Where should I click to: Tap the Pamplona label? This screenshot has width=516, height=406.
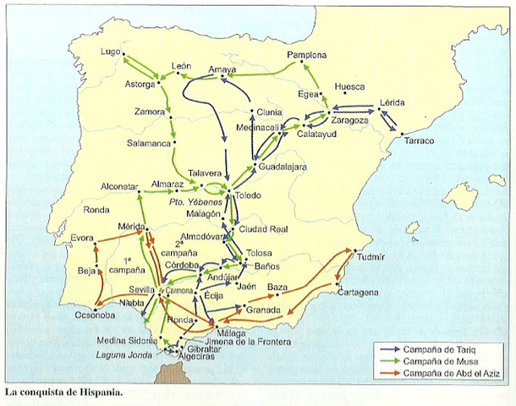[307, 54]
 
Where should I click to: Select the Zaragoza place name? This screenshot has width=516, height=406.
[350, 120]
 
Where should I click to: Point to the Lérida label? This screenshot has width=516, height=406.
[393, 101]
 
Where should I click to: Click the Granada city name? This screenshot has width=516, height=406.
[264, 310]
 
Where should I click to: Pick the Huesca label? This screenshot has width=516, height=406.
[349, 87]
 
